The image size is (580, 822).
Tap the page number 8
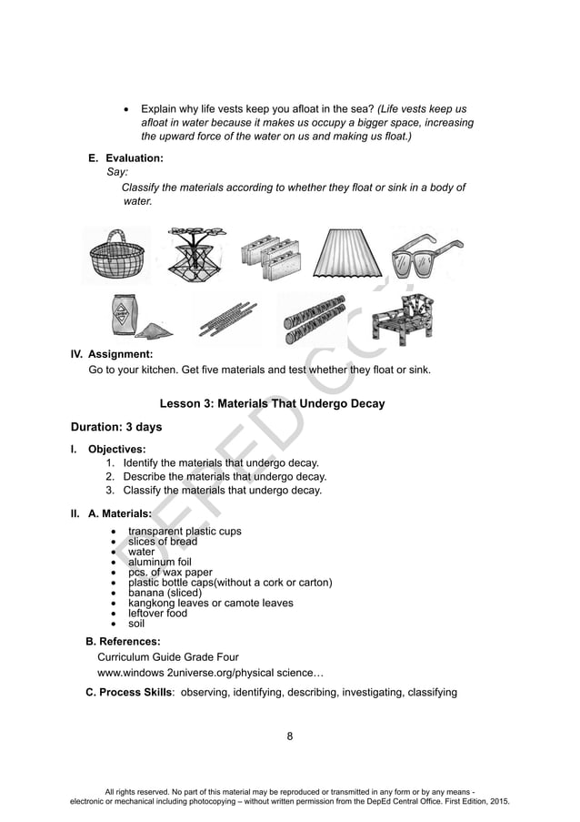289,736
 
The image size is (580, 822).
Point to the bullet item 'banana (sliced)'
165,593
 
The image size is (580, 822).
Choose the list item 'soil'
136,624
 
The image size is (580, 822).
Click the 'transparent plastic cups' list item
185,531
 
